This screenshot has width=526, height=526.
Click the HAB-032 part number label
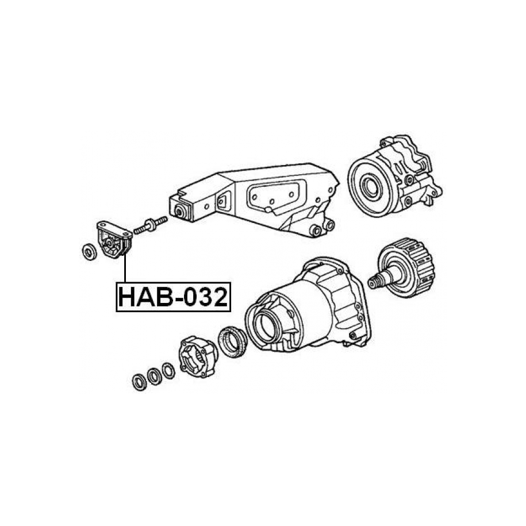pyautogui.click(x=173, y=297)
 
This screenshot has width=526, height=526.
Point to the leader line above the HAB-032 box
pyautogui.click(x=125, y=268)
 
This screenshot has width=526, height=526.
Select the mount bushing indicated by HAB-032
pyautogui.click(x=114, y=239)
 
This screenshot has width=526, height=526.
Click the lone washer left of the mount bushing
pyautogui.click(x=89, y=252)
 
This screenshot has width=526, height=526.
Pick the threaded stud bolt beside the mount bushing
pyautogui.click(x=150, y=225)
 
